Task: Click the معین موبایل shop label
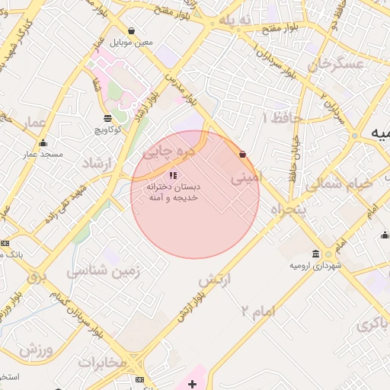tap(133, 42)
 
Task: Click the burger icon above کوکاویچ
tap(107, 117)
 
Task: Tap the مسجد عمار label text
tap(40, 155)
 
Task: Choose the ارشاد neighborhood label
tap(96, 163)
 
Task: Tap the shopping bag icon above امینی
tap(243, 155)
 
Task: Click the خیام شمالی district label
tap(339, 184)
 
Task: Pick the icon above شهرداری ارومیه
tap(316, 254)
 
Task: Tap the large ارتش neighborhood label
tap(214, 281)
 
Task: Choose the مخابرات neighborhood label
tap(101, 362)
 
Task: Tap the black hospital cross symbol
tap(192, 384)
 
